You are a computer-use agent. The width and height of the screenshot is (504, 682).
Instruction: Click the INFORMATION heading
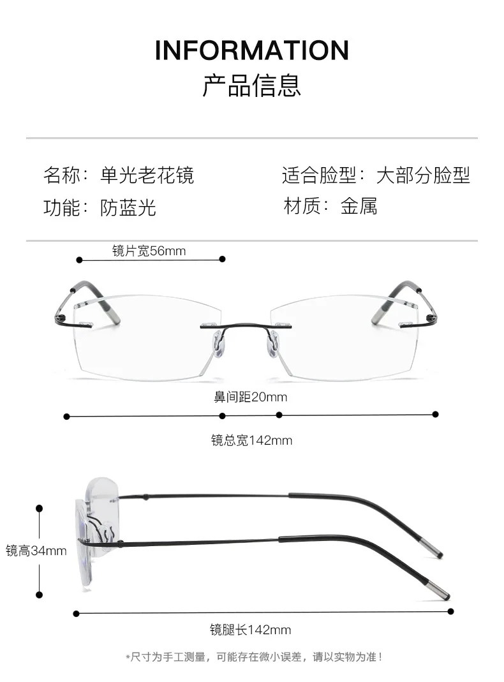pyautogui.click(x=252, y=50)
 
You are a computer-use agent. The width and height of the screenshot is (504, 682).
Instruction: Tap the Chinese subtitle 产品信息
pyautogui.click(x=252, y=85)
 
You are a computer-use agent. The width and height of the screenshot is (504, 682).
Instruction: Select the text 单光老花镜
pyautogui.click(x=147, y=174)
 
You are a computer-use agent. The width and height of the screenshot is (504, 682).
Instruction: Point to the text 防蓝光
pyautogui.click(x=128, y=207)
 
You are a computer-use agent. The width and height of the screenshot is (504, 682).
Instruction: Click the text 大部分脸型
pyautogui.click(x=423, y=174)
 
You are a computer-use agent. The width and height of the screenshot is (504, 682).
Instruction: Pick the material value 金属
pyautogui.click(x=359, y=205)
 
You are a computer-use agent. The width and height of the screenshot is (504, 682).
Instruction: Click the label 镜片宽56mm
pyautogui.click(x=149, y=251)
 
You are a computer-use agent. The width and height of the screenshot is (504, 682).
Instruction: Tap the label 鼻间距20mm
pyautogui.click(x=250, y=397)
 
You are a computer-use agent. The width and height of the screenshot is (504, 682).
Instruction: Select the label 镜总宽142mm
pyautogui.click(x=251, y=440)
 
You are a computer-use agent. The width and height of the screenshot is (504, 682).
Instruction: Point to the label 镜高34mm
pyautogui.click(x=36, y=550)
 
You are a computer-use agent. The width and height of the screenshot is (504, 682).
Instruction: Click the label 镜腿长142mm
pyautogui.click(x=250, y=630)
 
